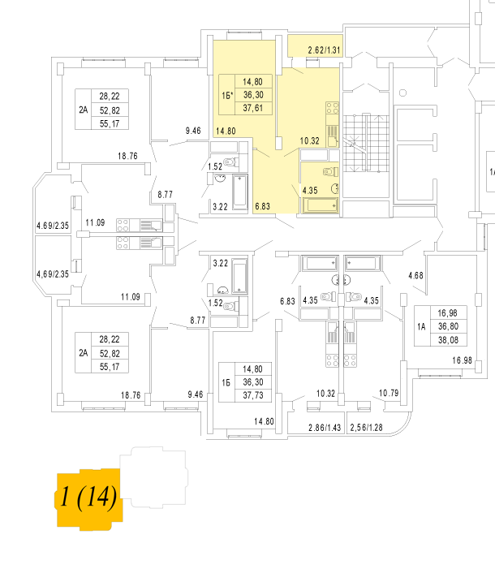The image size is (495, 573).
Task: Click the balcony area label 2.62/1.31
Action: click(324, 50)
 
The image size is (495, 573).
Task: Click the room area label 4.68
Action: click(415, 275)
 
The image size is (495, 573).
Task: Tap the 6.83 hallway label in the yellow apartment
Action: click(262, 205)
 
